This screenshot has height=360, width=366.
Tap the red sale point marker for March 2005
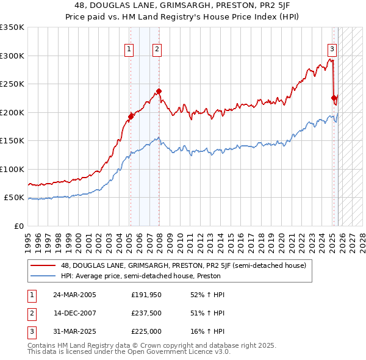pyautogui.click(x=131, y=116)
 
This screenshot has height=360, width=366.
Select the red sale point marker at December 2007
pyautogui.click(x=159, y=92)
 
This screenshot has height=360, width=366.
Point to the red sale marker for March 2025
pyautogui.click(x=334, y=98)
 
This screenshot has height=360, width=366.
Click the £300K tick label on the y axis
pyautogui.click(x=12, y=56)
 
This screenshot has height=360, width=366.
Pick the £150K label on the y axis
pyautogui.click(x=12, y=141)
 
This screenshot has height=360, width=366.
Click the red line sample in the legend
pyautogui.click(x=43, y=265)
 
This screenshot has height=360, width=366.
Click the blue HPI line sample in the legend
pyautogui.click(x=43, y=276)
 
